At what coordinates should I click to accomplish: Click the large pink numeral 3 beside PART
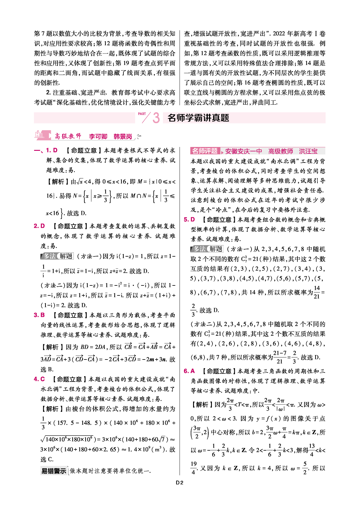tap(156, 118)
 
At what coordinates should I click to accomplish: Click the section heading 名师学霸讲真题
tap(198, 118)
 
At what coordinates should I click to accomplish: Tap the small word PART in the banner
tap(142, 114)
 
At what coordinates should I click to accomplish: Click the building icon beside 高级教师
tap(39, 135)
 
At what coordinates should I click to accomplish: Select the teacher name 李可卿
tap(98, 136)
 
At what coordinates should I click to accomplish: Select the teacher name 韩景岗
tap(123, 136)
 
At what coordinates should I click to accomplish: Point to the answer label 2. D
tap(39, 226)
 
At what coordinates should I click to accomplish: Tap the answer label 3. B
tap(39, 315)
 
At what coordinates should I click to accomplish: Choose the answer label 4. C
tap(39, 379)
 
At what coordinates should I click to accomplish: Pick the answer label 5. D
tap(189, 220)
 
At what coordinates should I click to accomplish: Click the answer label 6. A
tap(189, 371)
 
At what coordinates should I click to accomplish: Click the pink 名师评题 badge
tap(205, 151)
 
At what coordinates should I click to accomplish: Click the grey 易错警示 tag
tap(54, 471)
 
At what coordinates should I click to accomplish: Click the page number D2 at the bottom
tap(180, 482)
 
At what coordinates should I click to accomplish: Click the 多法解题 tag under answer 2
tap(57, 256)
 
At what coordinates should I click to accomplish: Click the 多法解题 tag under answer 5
tap(207, 249)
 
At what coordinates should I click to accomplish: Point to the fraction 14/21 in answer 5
tap(317, 292)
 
